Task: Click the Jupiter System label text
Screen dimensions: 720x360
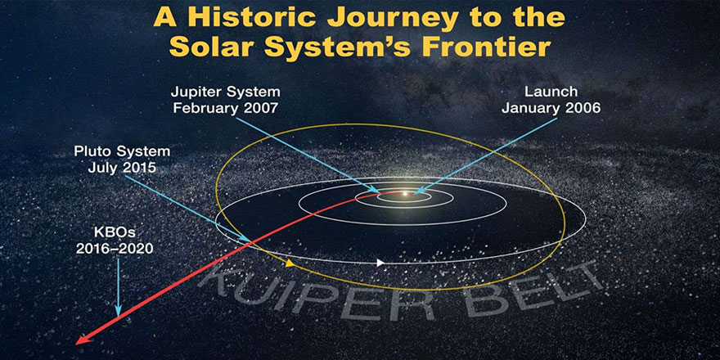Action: tap(225, 92)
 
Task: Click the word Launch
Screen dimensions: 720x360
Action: tap(551, 92)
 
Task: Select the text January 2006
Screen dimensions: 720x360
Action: tap(551, 109)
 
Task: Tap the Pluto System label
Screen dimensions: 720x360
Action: tap(122, 151)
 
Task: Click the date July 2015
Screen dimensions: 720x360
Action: tap(121, 168)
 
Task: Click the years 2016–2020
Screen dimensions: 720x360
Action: tap(115, 249)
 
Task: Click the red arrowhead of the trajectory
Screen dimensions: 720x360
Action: tap(81, 340)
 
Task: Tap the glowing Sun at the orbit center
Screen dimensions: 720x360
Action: tap(404, 193)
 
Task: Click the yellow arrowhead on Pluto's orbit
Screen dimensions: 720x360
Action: tap(290, 263)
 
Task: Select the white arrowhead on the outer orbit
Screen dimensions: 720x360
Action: tap(380, 263)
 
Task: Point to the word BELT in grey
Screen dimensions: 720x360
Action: tap(527, 290)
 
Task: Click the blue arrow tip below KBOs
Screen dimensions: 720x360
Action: tap(119, 316)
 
